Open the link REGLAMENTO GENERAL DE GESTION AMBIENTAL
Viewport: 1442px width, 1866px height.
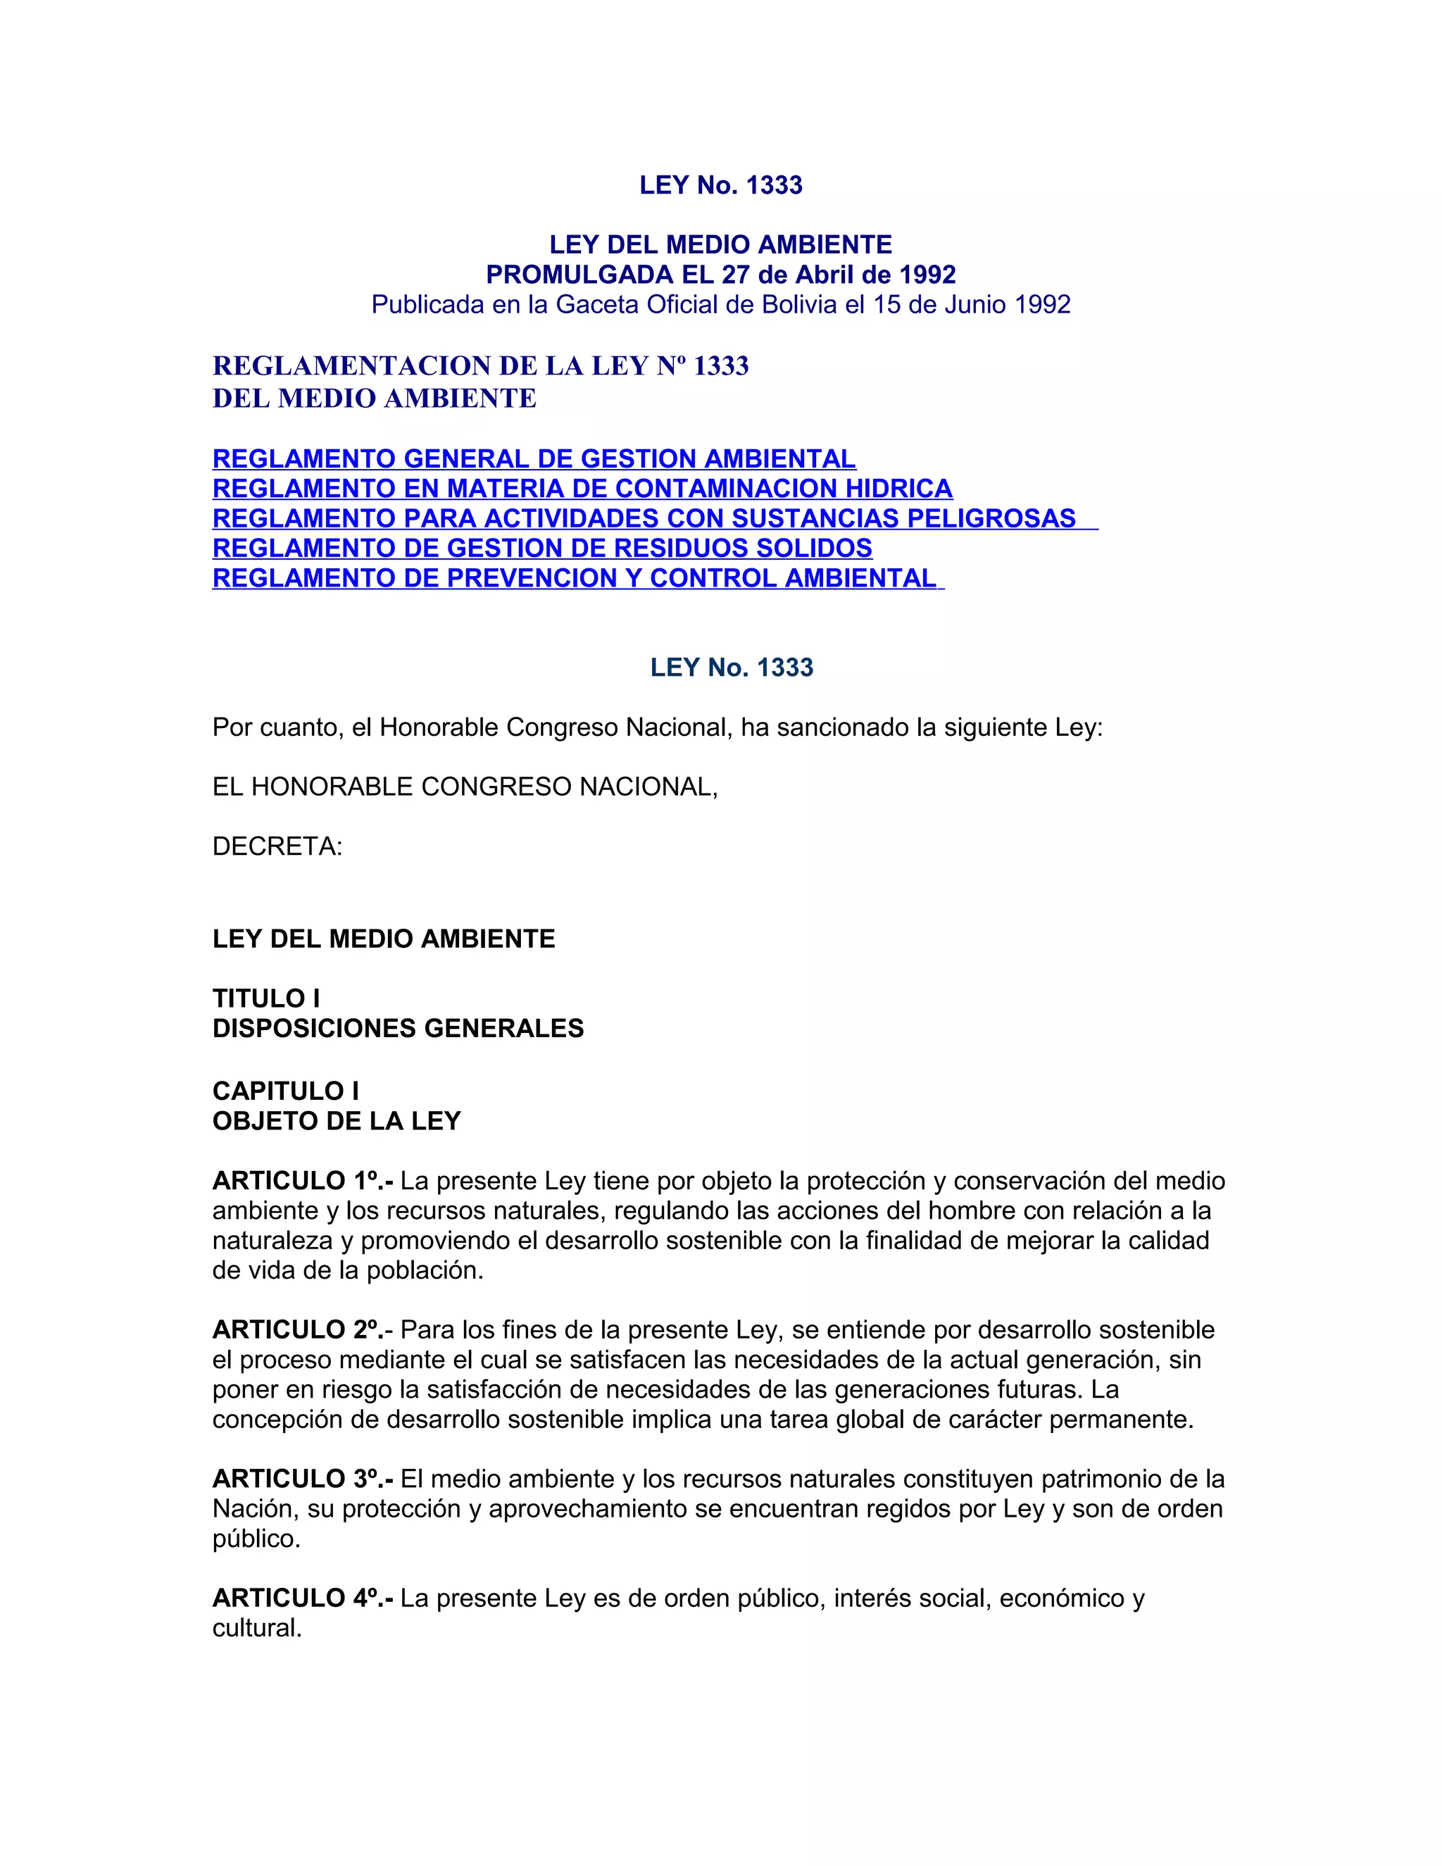click(534, 459)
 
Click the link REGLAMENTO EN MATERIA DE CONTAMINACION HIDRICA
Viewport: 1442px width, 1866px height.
click(582, 489)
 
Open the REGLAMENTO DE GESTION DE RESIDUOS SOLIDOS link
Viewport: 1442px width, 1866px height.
click(542, 548)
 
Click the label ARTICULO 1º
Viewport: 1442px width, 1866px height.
click(302, 1181)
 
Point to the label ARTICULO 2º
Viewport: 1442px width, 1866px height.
click(302, 1330)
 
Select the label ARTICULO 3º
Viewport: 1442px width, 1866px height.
click(302, 1479)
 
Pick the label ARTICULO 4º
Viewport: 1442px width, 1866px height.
click(302, 1598)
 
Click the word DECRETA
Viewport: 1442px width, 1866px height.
click(277, 846)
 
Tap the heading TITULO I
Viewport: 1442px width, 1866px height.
click(265, 998)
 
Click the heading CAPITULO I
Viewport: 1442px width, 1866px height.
click(285, 1091)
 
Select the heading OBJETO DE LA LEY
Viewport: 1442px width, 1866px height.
click(337, 1121)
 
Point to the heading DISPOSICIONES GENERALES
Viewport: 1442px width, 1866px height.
click(398, 1028)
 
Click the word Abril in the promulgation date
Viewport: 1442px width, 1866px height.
click(825, 275)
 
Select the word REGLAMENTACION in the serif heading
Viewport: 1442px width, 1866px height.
click(352, 365)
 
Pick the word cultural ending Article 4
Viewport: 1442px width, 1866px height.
click(256, 1629)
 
